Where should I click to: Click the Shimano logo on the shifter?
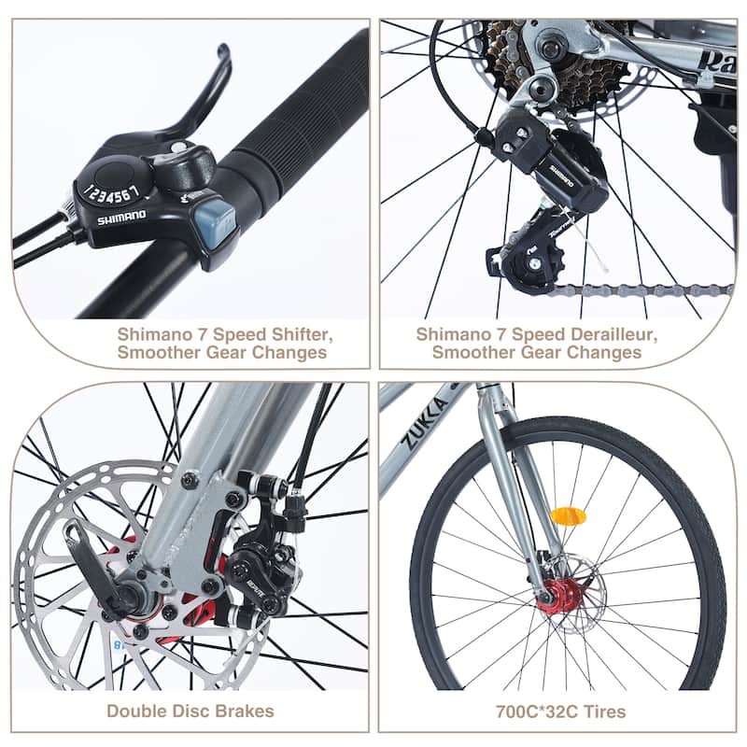pyautogui.click(x=121, y=217)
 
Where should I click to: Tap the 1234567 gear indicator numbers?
pyautogui.click(x=112, y=192)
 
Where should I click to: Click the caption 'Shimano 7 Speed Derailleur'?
pyautogui.click(x=537, y=332)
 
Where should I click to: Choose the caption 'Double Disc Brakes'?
pyautogui.click(x=190, y=711)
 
